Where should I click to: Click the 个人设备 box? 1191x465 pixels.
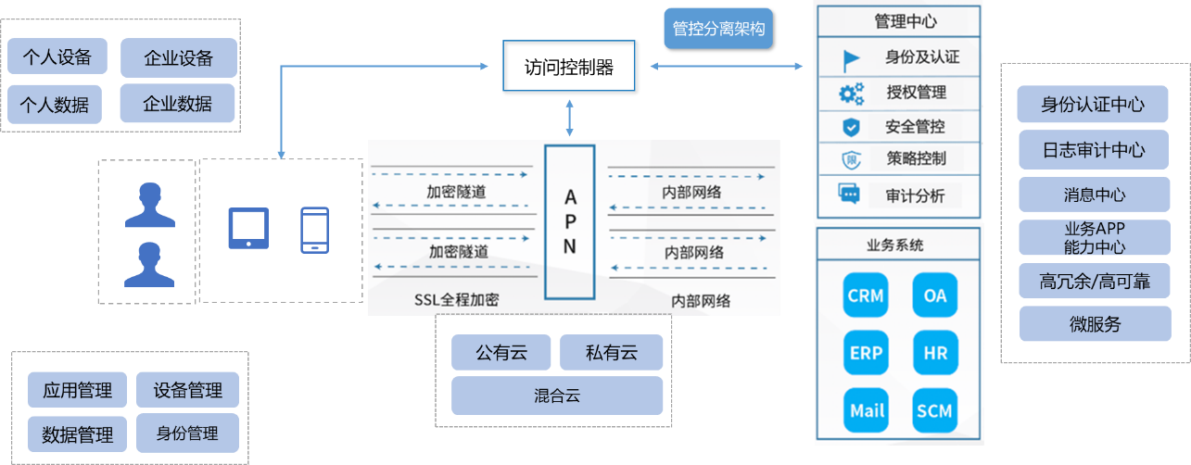click(x=57, y=57)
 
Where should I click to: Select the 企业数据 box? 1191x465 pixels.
click(x=177, y=104)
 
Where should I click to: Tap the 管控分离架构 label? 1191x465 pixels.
click(x=719, y=29)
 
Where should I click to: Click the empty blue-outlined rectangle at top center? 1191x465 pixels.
click(x=569, y=66)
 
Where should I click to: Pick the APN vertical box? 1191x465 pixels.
click(x=570, y=221)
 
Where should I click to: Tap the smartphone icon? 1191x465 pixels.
click(x=314, y=230)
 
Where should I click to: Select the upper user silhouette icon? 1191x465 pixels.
click(x=150, y=205)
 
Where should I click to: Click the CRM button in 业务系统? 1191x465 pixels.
click(x=866, y=297)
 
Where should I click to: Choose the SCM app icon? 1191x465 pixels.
click(x=934, y=410)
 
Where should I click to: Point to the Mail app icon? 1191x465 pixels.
click(x=866, y=410)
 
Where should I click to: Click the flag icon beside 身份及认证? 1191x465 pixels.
click(x=851, y=59)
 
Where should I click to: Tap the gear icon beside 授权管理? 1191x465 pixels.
click(x=851, y=93)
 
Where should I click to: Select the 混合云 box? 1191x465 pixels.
click(x=557, y=396)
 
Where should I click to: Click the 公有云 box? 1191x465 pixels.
click(x=501, y=353)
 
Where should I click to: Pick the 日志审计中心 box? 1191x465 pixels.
click(x=1093, y=149)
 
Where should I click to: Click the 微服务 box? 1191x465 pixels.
click(x=1093, y=323)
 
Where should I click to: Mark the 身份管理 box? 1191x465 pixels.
click(x=187, y=433)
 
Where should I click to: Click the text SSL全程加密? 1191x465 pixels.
click(x=457, y=299)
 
